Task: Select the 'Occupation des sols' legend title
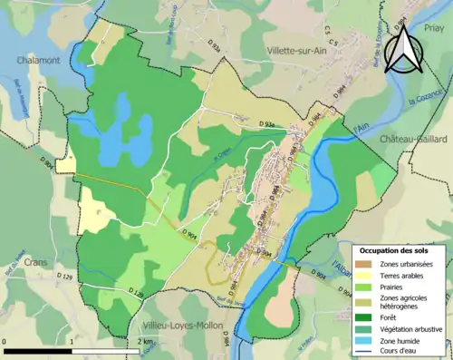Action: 393,249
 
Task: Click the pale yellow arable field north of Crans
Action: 96,210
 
